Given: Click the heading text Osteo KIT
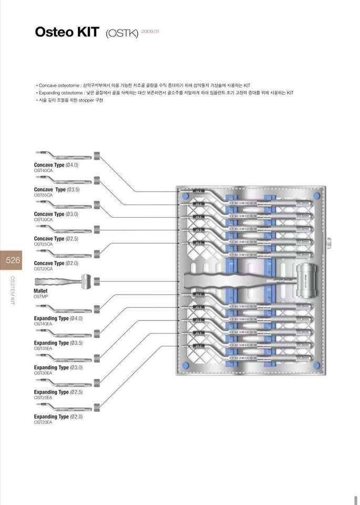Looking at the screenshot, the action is (66, 32).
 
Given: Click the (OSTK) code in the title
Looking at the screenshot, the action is (122, 34).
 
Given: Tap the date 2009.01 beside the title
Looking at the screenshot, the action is (150, 32).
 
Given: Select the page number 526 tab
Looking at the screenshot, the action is (13, 260).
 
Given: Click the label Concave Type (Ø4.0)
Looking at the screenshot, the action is (56, 165).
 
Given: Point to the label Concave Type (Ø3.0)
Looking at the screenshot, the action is (56, 214).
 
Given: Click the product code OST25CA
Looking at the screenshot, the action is (43, 244).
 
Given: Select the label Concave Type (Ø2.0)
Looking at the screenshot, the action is (56, 263).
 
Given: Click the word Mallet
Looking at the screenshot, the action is (40, 290).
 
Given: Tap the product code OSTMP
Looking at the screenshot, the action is (41, 296).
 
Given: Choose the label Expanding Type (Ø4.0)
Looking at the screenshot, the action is (58, 318).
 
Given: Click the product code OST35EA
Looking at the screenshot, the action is (43, 348).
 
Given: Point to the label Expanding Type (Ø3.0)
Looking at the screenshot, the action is (58, 367).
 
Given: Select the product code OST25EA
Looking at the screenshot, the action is (43, 398).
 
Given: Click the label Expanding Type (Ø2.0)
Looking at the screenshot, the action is (58, 417).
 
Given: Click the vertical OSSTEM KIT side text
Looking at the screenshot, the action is (13, 290).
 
